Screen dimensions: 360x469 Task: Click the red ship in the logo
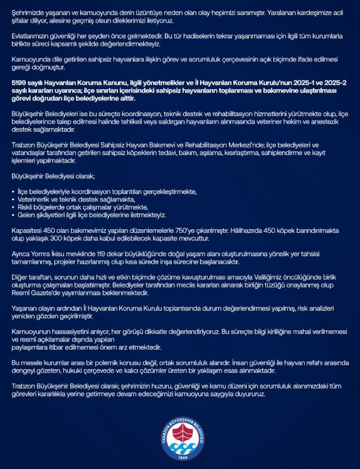coord(179,429)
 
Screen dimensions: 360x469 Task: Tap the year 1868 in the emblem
coord(180,455)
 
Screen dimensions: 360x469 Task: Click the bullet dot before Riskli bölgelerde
coord(14,207)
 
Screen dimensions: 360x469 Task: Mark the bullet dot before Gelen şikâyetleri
coord(14,215)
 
